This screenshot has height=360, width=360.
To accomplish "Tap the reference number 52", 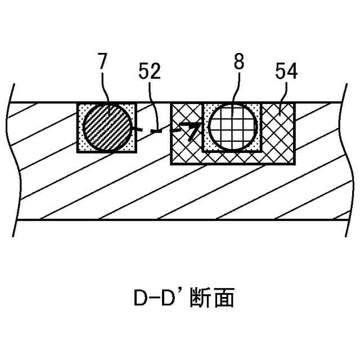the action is point(149,71).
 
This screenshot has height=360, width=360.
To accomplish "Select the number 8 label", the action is point(239,61).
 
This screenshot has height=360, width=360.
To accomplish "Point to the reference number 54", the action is point(286,71).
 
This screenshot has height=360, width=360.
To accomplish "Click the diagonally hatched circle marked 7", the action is point(107,127).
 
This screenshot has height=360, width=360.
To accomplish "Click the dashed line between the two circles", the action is point(160,132).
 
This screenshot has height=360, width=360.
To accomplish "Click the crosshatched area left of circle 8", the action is point(186,146).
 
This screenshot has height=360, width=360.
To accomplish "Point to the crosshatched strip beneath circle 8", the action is point(232,157).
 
